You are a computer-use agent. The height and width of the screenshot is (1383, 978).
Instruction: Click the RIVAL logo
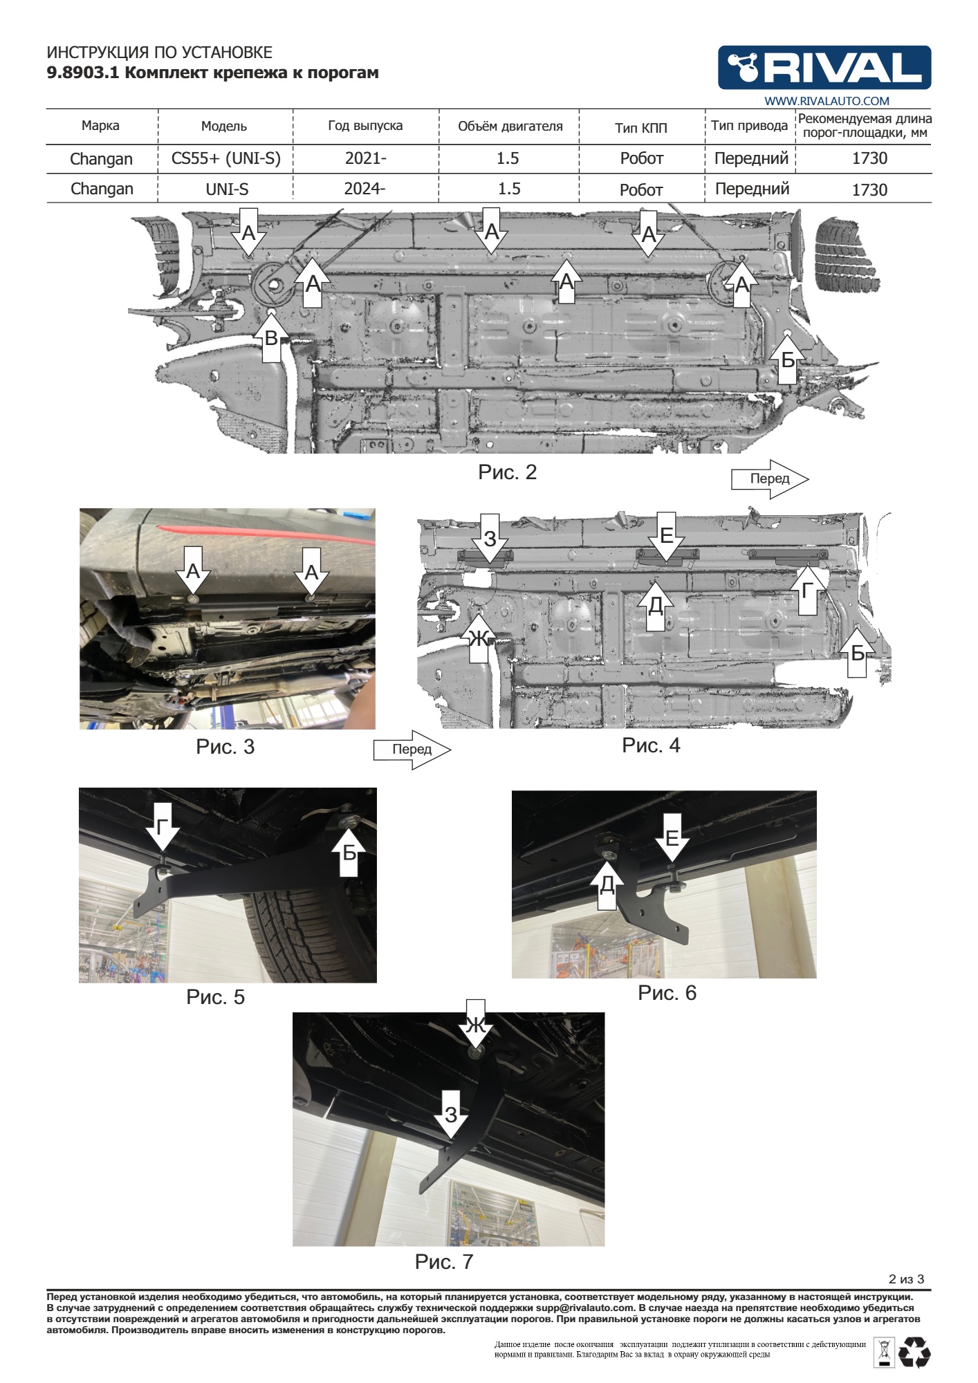pos(824,68)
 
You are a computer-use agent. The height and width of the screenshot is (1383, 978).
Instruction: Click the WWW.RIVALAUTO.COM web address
pos(827,101)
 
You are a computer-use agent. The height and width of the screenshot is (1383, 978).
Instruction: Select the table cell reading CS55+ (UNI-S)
pos(226,158)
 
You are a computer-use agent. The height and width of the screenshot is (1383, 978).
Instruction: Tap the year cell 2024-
pos(365,188)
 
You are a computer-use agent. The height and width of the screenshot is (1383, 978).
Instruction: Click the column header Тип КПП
pos(641,128)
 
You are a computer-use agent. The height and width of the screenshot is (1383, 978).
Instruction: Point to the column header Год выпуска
pos(365,126)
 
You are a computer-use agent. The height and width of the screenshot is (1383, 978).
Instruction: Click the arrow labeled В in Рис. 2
pos(272,336)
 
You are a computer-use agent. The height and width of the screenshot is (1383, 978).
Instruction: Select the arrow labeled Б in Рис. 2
pos(788,357)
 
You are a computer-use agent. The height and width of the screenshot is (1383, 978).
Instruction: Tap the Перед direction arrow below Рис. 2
pos(770,479)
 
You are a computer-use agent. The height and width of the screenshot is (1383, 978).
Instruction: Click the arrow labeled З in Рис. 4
pos(490,540)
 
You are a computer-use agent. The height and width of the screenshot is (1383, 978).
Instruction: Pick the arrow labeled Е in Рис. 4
pos(666,538)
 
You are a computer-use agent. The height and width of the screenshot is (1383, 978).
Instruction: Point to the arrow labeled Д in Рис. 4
pos(655,605)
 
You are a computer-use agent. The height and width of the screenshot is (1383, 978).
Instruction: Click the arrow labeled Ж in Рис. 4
pos(479,637)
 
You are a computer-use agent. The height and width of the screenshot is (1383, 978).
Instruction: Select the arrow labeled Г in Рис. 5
pos(163,827)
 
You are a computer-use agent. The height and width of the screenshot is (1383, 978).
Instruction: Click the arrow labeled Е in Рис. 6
pos(672,837)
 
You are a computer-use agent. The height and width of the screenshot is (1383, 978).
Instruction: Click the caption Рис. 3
pos(225,747)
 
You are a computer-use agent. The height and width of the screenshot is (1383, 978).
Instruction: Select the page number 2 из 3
pos(906,1279)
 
